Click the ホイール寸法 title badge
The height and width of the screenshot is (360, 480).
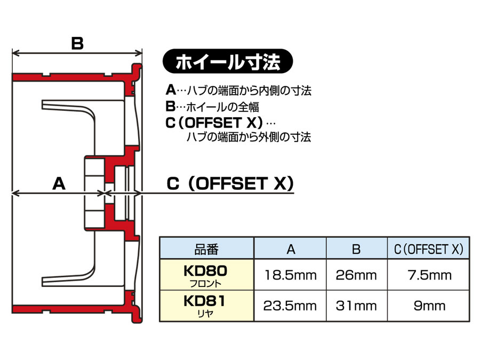coord(228,61)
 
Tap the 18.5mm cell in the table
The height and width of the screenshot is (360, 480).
coord(290,275)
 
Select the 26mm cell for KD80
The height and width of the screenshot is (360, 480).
coord(356,275)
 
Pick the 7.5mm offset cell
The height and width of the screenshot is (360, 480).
coord(429,275)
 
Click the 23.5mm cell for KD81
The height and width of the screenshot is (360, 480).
coord(290,306)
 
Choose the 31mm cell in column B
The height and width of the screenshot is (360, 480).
coord(356,306)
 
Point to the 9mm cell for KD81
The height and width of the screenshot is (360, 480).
coord(429,306)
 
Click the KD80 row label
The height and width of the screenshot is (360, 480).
coord(205,270)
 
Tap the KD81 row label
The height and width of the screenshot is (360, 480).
coord(204,301)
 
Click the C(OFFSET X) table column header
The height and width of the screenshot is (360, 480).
coord(429,249)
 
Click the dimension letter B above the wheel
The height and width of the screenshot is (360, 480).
coord(77,43)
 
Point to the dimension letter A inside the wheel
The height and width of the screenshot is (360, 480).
coord(59,183)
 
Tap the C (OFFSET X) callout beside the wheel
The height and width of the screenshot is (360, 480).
coord(230,183)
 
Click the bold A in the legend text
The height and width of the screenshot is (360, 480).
coord(171,90)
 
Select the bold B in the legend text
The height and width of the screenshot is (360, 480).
coord(171,106)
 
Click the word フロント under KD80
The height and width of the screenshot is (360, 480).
coord(205,284)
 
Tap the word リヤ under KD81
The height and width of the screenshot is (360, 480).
coord(205,314)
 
